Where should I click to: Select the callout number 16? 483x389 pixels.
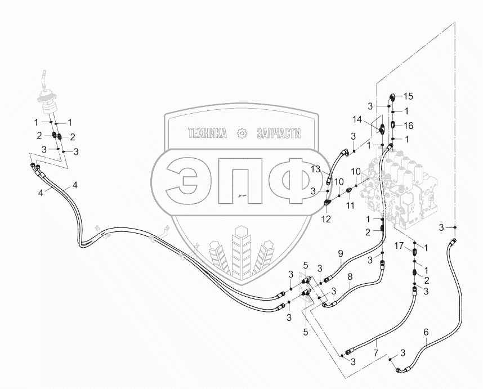tap(409, 124)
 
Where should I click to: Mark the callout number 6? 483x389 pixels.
tap(426, 332)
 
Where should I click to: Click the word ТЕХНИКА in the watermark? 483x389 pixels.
tap(207, 133)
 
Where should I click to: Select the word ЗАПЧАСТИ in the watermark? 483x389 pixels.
tap(278, 133)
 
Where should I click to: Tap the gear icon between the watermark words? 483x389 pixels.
tap(243, 133)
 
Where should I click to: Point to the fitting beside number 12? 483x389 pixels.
tap(328, 198)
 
